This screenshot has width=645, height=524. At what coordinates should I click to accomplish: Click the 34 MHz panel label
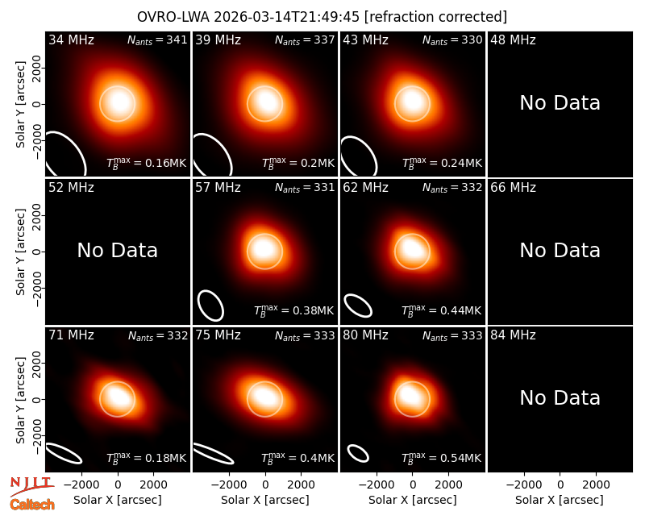click(x=71, y=40)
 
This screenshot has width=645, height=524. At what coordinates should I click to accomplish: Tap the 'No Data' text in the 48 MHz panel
click(x=560, y=103)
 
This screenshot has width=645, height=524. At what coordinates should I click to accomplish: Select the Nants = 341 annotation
click(x=157, y=40)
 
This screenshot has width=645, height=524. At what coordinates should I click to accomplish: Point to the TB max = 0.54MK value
click(x=441, y=458)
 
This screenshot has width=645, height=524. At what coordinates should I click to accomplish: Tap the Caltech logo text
click(x=32, y=505)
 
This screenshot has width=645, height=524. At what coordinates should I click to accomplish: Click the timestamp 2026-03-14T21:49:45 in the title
click(x=287, y=17)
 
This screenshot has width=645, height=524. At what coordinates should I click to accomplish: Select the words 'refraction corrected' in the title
click(x=435, y=17)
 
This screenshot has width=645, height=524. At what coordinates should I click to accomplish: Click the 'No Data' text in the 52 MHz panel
click(x=117, y=251)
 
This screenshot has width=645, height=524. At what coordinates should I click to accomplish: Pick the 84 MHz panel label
click(x=513, y=335)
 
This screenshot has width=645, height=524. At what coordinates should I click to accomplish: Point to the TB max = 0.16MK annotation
click(x=147, y=163)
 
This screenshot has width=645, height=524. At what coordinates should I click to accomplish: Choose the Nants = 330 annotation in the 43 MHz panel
click(x=452, y=40)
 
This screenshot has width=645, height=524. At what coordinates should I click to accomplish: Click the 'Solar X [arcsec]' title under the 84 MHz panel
click(x=560, y=500)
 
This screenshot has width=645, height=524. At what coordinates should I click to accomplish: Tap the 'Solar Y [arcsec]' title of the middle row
click(x=21, y=252)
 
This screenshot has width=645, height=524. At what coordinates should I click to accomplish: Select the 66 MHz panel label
click(x=513, y=188)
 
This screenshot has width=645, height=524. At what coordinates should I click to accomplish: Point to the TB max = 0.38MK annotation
click(x=293, y=310)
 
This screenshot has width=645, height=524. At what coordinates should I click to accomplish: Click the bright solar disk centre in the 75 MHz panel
click(x=264, y=398)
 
